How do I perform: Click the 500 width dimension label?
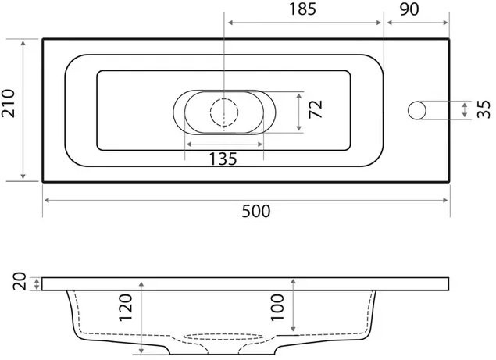pyautogui.click(x=256, y=212)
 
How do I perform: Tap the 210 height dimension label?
pyautogui.click(x=9, y=103)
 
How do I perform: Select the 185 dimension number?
pyautogui.click(x=303, y=9)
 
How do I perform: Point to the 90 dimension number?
pyautogui.click(x=409, y=9)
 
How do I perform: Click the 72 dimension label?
pyautogui.click(x=316, y=109)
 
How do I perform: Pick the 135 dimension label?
pyautogui.click(x=223, y=159)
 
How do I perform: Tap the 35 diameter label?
pyautogui.click(x=484, y=109)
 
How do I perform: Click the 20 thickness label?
pyautogui.click(x=20, y=281)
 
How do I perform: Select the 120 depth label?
pyautogui.click(x=126, y=308)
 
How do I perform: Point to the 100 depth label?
pyautogui.click(x=277, y=308)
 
